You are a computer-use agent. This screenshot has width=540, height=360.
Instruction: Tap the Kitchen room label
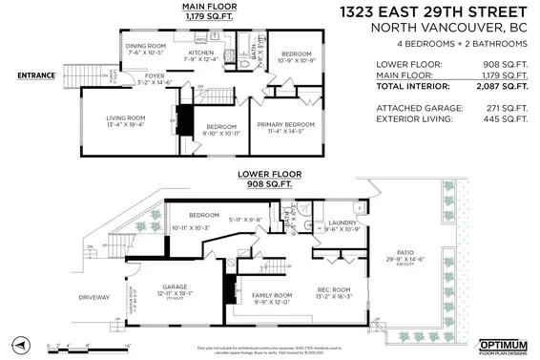coord(200,53)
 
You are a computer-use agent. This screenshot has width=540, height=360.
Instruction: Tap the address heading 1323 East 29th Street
coord(434,12)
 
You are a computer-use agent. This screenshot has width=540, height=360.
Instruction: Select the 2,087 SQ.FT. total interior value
coord(501,86)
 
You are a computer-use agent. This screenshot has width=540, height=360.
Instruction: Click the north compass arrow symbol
coord(17,341)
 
